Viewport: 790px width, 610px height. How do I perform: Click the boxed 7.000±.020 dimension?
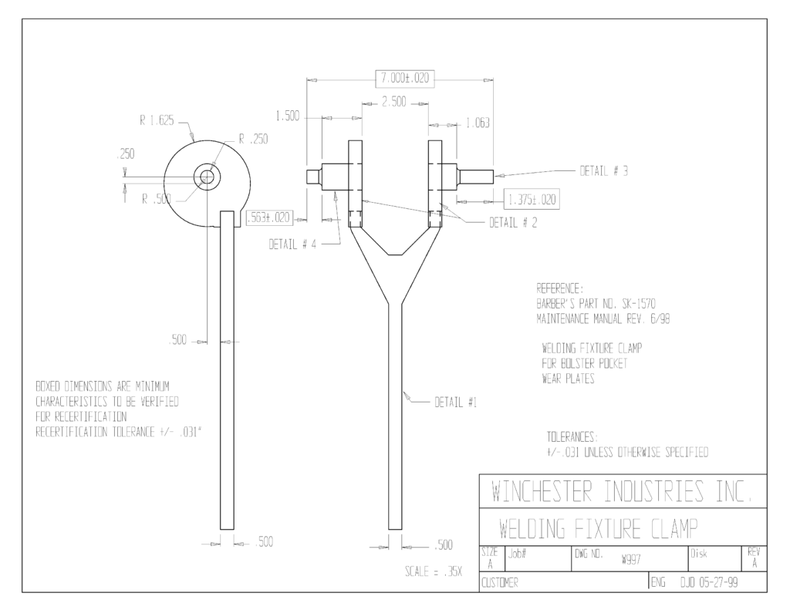click(x=405, y=78)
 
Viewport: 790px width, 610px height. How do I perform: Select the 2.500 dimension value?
click(x=394, y=102)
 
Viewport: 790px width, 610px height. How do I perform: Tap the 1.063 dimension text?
click(x=477, y=123)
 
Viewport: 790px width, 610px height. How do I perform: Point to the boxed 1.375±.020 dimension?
click(x=532, y=200)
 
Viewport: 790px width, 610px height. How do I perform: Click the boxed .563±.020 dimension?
click(x=268, y=217)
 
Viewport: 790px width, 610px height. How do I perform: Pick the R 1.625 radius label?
click(x=157, y=120)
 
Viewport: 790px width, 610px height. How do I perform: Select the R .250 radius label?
click(x=253, y=139)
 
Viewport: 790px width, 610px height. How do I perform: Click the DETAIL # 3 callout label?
click(x=603, y=171)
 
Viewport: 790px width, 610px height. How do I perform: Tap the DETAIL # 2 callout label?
click(x=513, y=223)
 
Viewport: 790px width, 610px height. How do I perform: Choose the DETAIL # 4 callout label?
click(x=292, y=244)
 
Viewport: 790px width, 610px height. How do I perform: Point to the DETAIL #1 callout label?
click(x=456, y=403)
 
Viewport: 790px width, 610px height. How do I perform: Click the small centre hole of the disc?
click(x=207, y=177)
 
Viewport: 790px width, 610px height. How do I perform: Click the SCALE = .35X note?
click(x=434, y=571)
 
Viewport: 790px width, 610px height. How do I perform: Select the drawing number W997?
click(x=631, y=560)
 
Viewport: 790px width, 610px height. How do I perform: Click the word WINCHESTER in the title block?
click(x=542, y=491)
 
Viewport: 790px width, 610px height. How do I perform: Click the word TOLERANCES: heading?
click(x=572, y=436)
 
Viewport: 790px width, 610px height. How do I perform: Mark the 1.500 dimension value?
click(x=287, y=116)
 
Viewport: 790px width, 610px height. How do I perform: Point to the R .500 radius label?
click(x=156, y=199)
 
